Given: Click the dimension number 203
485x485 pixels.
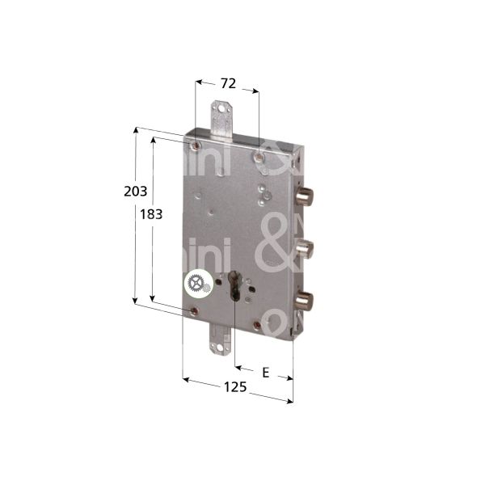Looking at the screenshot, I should [x=135, y=192].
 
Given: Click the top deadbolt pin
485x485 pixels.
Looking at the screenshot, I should [x=306, y=196].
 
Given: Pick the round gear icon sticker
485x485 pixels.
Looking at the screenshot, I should [x=195, y=284].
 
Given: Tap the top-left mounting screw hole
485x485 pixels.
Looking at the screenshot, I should [x=196, y=146].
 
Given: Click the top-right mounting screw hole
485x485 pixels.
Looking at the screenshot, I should [x=257, y=155].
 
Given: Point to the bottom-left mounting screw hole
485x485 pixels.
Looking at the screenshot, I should [x=193, y=310].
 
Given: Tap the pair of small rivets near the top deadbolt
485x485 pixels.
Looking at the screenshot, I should [x=263, y=194].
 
